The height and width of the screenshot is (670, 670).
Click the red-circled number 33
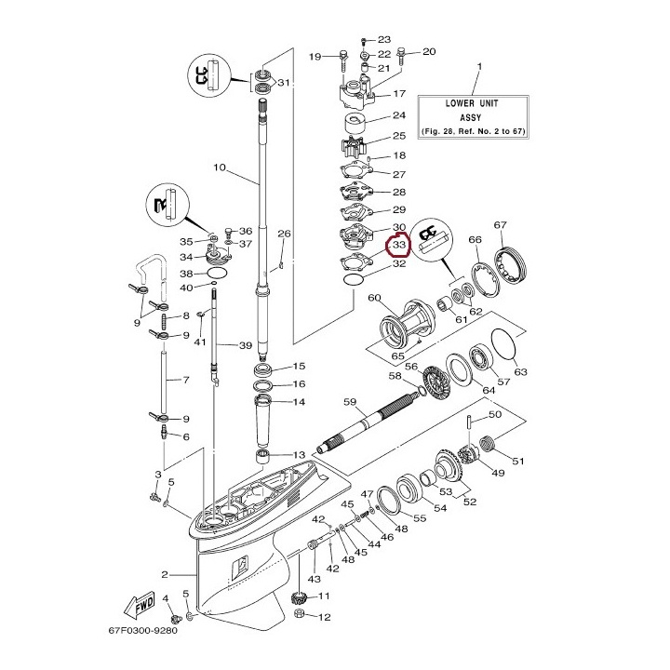tap(400, 246)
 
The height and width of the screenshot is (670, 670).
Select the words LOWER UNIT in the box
tap(472, 104)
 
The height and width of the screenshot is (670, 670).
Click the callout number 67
tap(500, 225)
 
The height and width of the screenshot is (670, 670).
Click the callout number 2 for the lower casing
tap(165, 573)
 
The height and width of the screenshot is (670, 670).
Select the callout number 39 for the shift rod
tap(245, 346)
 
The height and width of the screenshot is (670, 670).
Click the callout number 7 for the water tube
tap(185, 380)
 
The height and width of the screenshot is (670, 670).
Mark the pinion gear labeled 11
tap(301, 597)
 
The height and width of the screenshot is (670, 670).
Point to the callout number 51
tap(519, 460)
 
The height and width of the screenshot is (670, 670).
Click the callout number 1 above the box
tap(479, 67)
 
